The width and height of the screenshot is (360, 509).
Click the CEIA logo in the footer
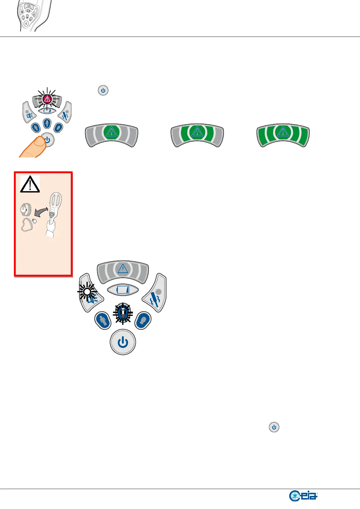click(x=303, y=496)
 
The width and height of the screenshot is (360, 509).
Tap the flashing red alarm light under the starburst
click(x=47, y=99)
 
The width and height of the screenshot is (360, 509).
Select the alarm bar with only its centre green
click(x=112, y=135)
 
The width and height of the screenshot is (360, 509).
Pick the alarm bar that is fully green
click(x=283, y=135)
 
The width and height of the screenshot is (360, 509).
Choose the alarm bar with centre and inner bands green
click(x=197, y=135)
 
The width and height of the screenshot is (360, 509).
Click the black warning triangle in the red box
click(x=30, y=184)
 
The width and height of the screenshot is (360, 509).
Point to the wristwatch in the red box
click(x=25, y=209)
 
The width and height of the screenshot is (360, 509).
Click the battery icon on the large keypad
click(x=123, y=290)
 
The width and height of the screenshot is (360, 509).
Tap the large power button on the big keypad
click(x=123, y=342)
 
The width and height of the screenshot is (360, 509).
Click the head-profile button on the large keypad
click(x=142, y=320)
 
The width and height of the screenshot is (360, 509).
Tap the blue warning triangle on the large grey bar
click(x=123, y=268)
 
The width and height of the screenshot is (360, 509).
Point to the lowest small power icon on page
click(x=274, y=427)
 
